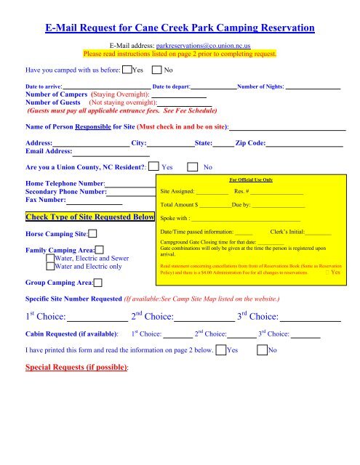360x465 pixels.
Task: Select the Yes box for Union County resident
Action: (153, 166)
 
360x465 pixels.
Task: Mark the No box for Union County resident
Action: (193, 166)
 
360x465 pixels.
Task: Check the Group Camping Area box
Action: (97, 282)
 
